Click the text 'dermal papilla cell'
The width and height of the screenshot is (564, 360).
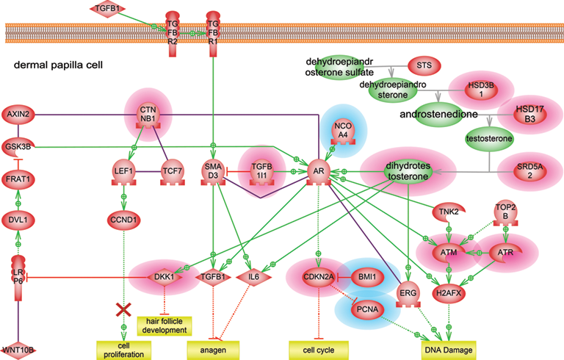56,65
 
